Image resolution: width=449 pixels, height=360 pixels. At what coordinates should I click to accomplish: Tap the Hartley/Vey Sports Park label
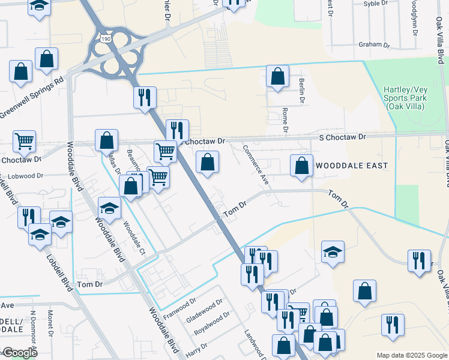404,98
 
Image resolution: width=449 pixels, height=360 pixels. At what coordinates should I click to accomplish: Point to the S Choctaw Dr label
342,137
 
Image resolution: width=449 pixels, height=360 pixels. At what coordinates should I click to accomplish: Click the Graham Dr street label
374,45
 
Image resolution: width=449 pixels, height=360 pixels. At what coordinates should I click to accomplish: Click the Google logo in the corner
19,353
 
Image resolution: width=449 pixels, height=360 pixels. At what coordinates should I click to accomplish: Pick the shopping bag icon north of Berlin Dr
277,76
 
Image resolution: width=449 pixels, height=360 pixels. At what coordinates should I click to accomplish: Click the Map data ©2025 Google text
411,355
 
